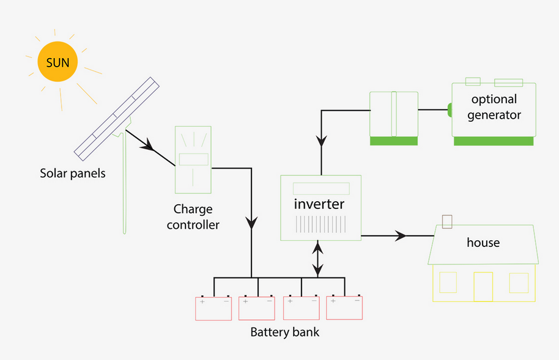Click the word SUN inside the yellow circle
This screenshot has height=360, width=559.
pos(57,62)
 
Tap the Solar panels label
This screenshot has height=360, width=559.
pos(73,174)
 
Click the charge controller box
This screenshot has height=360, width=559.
pos(193,158)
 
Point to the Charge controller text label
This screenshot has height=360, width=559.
pos(193,216)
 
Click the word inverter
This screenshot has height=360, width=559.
pos(319,204)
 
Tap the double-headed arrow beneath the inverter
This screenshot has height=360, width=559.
pos(317,260)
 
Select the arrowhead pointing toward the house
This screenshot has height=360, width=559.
pos(401,235)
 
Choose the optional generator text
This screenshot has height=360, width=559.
pos(494,107)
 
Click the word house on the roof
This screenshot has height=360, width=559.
pos(483,243)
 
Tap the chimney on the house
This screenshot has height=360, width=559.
pos(447,221)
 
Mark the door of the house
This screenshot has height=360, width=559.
pos(483,286)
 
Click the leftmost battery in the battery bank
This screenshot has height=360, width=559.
pos(213,308)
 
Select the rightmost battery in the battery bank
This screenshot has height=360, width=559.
pos(344,307)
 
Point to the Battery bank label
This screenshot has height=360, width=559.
pos(284,333)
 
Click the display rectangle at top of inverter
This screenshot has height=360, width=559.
pos(321,188)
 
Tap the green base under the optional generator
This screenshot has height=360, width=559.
pos(494,141)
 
